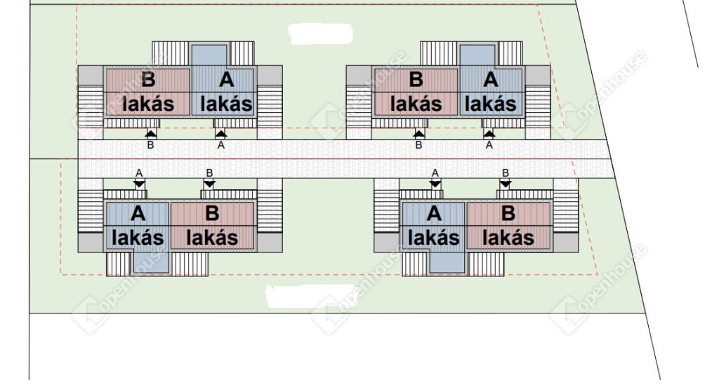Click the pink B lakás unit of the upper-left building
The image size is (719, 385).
(147, 92)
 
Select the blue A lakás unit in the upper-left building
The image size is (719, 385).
(223, 92)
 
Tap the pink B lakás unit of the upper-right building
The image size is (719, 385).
(416, 92)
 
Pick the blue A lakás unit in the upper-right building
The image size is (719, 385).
(491, 92)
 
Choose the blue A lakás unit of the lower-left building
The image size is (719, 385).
(138, 226)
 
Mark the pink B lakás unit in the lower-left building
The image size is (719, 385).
(212, 226)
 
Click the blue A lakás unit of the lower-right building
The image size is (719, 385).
(434, 226)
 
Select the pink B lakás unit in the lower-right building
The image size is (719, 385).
(508, 226)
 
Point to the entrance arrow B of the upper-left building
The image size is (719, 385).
(150, 134)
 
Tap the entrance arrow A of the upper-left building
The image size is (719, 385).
(221, 134)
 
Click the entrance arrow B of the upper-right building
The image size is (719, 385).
(418, 134)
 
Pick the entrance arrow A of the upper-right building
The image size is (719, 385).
(489, 134)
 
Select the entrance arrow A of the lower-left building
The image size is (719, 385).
(139, 184)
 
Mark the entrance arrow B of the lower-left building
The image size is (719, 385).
(209, 184)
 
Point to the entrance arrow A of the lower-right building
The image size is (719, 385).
(435, 184)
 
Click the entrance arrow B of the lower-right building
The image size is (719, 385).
(506, 184)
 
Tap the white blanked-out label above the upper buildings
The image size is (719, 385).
(320, 34)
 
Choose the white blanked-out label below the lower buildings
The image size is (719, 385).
(310, 297)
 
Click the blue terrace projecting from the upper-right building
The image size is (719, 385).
(477, 55)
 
